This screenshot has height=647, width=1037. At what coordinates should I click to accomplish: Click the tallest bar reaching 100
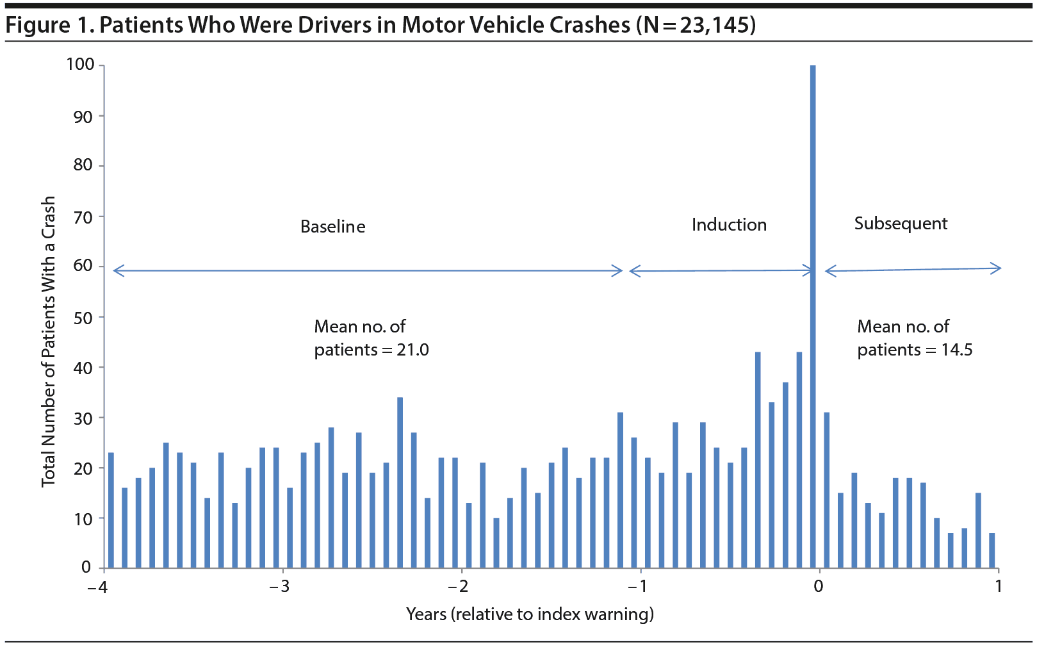tap(813, 256)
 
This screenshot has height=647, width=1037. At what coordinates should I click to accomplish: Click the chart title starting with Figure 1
tap(380, 25)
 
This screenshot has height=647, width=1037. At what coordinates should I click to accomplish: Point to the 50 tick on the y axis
tap(83, 318)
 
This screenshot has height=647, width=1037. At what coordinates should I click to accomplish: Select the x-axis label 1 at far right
tap(998, 586)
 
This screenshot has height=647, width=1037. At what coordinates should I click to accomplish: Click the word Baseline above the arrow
tap(332, 227)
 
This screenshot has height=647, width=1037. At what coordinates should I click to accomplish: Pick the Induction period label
tap(729, 225)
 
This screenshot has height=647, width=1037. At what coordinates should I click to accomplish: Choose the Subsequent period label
tap(901, 224)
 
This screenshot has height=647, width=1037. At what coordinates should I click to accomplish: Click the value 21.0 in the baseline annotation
tap(412, 350)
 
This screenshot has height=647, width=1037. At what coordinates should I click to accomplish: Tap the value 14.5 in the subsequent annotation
tap(956, 350)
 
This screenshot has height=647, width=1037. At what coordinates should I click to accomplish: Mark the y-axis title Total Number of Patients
tap(49, 341)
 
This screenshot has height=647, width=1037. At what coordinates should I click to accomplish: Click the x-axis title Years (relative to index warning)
tap(530, 614)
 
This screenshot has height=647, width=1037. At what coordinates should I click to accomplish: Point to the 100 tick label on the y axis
tap(80, 65)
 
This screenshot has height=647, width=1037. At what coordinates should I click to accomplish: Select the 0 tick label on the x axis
tap(818, 586)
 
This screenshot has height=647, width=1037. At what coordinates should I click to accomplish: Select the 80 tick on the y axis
tap(83, 165)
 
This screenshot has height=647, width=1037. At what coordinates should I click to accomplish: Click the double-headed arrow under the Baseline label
tap(368, 271)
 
